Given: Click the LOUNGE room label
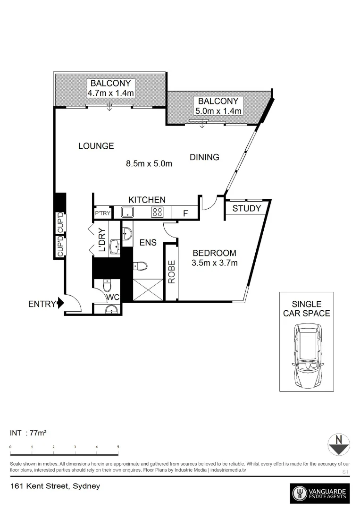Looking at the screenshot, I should [96, 146].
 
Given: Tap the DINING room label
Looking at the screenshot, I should [204, 157].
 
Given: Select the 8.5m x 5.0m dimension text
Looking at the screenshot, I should [149, 164].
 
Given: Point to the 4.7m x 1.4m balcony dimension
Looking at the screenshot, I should [111, 93].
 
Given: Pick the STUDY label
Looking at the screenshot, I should [246, 208].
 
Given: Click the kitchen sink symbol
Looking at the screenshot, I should [127, 212].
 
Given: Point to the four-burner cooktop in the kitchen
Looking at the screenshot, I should [157, 212].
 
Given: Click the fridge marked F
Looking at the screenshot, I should [185, 213].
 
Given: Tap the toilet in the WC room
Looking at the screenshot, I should [107, 286].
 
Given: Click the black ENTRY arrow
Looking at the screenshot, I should [60, 304].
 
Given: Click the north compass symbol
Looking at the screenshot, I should [338, 444].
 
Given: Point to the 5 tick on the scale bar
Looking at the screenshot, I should [118, 447].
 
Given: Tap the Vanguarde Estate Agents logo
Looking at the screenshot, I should [320, 494].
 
